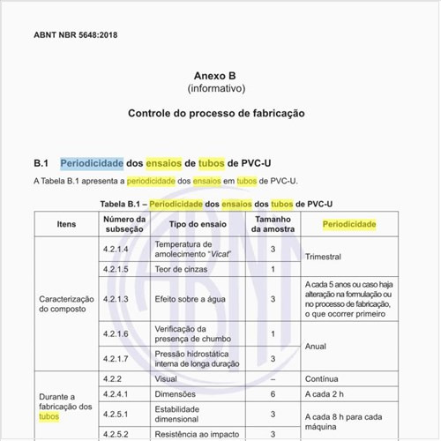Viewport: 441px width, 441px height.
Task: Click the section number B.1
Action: (x=41, y=163)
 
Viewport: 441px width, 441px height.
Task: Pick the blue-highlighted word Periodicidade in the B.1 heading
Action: (x=92, y=163)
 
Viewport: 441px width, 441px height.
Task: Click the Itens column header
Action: (x=66, y=224)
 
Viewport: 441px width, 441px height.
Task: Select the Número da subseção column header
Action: (x=124, y=224)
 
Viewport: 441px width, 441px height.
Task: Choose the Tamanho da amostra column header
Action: (x=273, y=224)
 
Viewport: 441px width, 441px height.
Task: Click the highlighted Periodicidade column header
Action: (x=348, y=224)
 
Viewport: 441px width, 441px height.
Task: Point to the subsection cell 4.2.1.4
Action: (x=116, y=250)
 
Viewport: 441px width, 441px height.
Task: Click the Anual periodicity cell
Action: (x=316, y=347)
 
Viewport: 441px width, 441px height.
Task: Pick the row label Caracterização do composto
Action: (x=66, y=304)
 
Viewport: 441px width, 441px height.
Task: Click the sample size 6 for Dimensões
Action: (x=273, y=393)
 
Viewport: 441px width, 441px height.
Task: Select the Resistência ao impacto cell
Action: (x=196, y=434)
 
